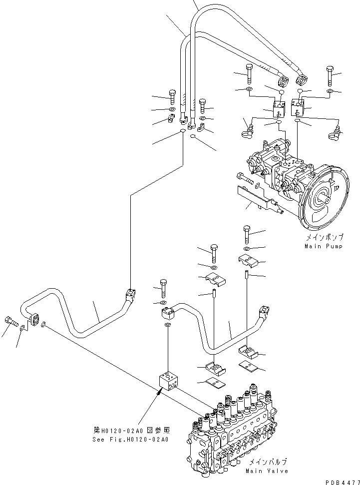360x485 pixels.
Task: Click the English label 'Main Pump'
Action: click(323, 246)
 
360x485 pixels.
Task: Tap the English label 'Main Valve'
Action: click(267, 471)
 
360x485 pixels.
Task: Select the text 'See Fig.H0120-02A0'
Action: click(131, 440)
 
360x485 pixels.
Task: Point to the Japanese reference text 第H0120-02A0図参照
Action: click(131, 430)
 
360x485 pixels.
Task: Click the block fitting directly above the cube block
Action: click(168, 313)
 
